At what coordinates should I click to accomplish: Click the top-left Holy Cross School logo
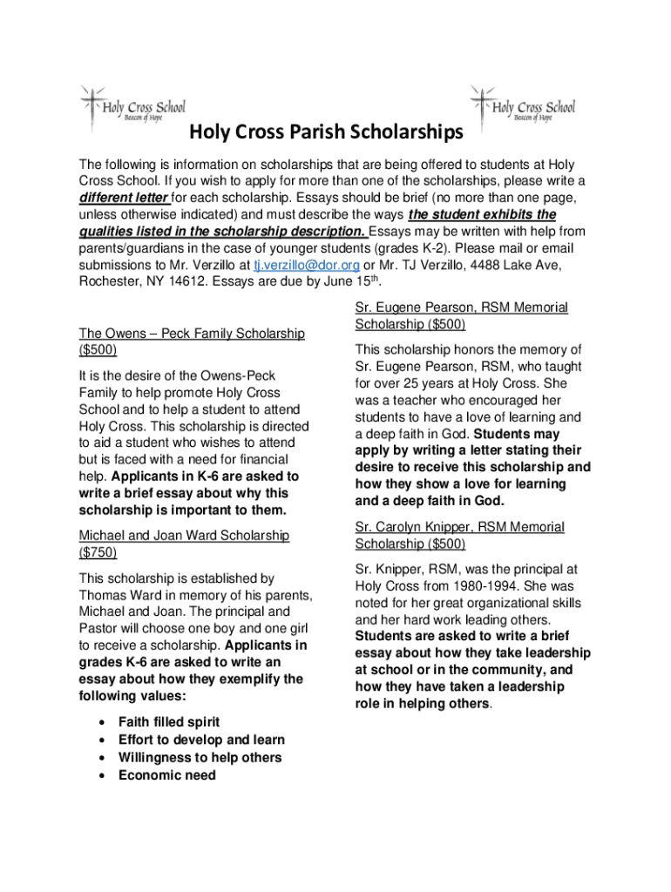coord(132,106)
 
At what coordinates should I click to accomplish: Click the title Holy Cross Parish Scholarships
coord(327,133)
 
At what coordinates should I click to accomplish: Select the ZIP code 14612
coord(186,281)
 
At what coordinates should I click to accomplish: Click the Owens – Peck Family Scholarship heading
coord(192,334)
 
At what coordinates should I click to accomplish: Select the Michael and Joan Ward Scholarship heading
coord(184,535)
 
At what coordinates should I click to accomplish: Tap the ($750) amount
coord(98,552)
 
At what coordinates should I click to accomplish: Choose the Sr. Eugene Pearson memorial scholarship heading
coord(461,307)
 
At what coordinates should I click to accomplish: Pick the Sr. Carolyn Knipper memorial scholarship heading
coord(459,527)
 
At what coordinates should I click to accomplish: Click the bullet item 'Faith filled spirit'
coord(169,722)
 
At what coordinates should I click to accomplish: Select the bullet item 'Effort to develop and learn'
coord(201,740)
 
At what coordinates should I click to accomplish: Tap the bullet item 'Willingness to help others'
coord(200,758)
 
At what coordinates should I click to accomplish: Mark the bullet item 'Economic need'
coord(166,775)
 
